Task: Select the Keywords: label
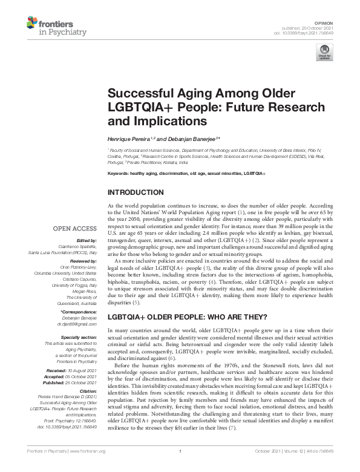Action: click(120, 173)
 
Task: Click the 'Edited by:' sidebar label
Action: click(87, 240)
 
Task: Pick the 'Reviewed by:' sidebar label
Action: click(83, 258)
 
